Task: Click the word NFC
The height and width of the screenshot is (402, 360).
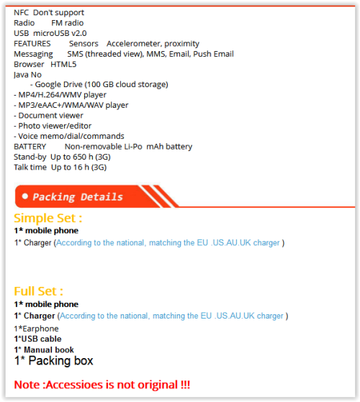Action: (x=21, y=12)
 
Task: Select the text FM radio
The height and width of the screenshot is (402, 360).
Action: (x=68, y=23)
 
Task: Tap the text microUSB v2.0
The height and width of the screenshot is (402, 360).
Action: (x=60, y=33)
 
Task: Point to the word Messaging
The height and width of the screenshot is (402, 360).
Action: (x=33, y=55)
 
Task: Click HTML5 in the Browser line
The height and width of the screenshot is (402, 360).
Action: (x=63, y=64)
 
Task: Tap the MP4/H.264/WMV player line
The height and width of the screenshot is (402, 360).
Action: (x=60, y=95)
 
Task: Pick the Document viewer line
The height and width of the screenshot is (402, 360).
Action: (x=48, y=116)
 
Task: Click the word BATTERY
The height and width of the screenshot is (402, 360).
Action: (x=30, y=147)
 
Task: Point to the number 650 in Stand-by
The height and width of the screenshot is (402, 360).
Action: (x=79, y=157)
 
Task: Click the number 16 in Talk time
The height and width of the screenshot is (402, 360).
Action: (x=78, y=168)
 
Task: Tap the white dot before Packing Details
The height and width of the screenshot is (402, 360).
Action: (x=25, y=196)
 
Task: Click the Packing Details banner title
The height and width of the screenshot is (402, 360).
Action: (x=78, y=197)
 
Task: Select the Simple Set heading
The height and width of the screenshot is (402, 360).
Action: (x=48, y=219)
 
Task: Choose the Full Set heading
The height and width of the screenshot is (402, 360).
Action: (x=38, y=291)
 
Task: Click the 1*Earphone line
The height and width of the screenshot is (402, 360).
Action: (x=36, y=329)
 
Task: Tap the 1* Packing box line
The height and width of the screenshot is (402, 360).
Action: (x=53, y=361)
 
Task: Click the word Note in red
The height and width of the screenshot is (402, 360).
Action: (x=27, y=385)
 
